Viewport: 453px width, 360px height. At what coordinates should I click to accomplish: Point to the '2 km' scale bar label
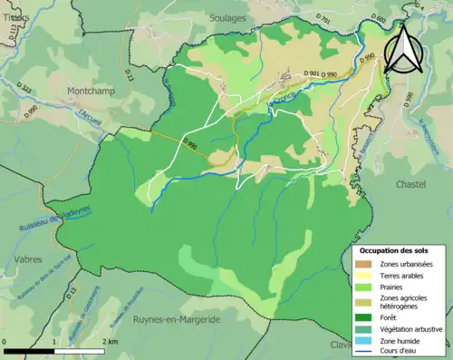pos(109,341)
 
